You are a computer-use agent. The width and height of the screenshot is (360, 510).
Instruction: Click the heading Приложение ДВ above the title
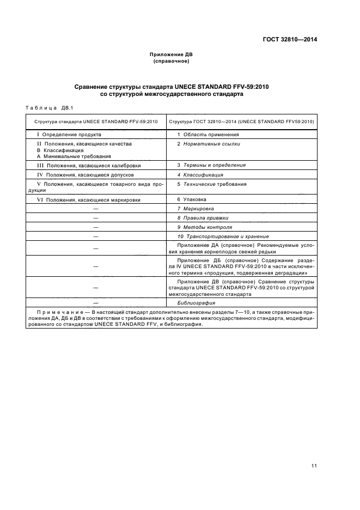(x=171, y=55)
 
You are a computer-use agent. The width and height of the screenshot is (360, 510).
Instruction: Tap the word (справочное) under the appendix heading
(x=171, y=62)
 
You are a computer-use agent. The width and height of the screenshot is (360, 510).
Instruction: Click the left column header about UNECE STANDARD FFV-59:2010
(x=96, y=121)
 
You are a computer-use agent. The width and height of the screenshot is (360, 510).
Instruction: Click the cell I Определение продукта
(x=68, y=134)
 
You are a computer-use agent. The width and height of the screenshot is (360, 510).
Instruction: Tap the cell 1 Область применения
(x=208, y=134)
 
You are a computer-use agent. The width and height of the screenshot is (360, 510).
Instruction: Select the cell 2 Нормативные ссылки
(x=208, y=144)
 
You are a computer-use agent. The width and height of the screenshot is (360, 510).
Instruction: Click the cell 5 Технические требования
(x=211, y=184)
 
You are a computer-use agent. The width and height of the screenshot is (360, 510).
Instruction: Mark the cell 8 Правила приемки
(x=200, y=218)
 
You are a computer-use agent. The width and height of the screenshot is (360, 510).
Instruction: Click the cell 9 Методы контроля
(x=204, y=227)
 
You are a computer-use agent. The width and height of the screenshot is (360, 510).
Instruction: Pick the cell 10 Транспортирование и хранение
(x=223, y=236)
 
